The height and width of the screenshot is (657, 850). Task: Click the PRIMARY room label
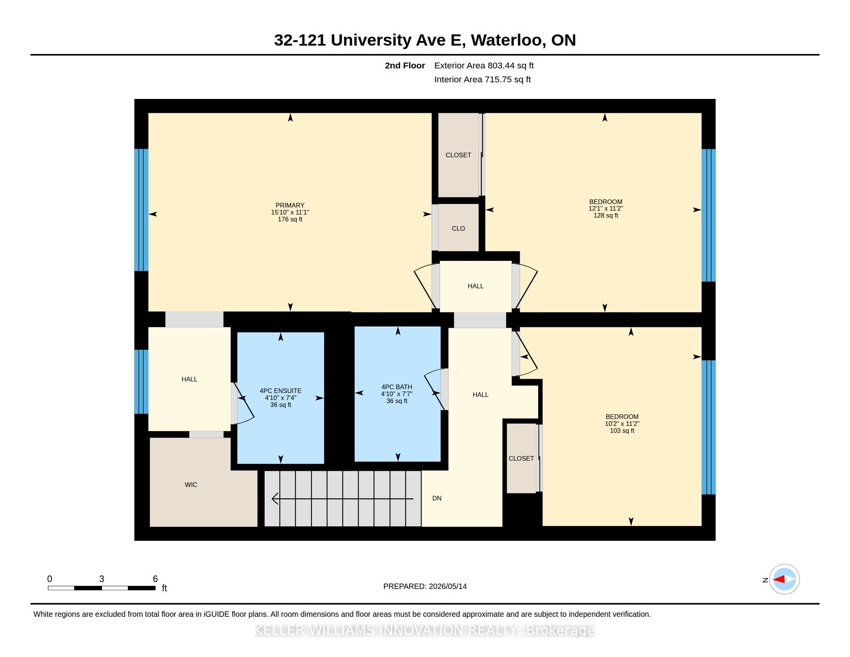click(x=290, y=205)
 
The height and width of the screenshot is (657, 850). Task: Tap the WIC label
click(x=191, y=485)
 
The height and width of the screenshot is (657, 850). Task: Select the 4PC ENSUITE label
click(x=280, y=391)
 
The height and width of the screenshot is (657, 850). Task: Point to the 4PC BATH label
click(x=396, y=387)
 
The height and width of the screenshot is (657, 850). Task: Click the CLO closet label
click(x=459, y=228)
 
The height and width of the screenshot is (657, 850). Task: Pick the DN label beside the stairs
click(x=437, y=498)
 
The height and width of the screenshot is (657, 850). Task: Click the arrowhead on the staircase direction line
click(x=275, y=499)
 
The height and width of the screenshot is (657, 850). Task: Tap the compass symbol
click(x=785, y=579)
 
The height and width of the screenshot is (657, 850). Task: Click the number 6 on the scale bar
click(x=155, y=579)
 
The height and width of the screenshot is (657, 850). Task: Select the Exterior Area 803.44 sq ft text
click(x=484, y=65)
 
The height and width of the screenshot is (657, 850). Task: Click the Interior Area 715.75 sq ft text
click(x=483, y=79)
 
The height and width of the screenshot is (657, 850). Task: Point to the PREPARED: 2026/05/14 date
click(x=425, y=586)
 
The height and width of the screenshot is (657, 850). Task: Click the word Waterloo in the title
click(x=506, y=40)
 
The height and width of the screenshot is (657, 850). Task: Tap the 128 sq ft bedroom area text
click(x=605, y=215)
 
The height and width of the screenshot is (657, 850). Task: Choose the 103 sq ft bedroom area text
click(x=622, y=431)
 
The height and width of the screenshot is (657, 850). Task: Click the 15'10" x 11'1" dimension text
click(x=290, y=212)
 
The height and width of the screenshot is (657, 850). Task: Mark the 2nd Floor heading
click(x=405, y=65)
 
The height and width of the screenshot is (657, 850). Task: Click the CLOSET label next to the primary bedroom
click(x=459, y=155)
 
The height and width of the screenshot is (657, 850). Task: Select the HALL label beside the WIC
click(x=190, y=379)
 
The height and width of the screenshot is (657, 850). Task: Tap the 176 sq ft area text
click(x=290, y=219)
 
